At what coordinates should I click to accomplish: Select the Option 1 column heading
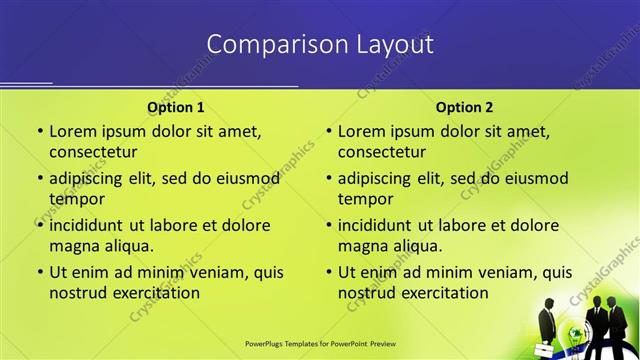[x=176, y=107]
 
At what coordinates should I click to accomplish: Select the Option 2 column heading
[x=464, y=107]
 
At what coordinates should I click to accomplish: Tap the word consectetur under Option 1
[x=93, y=152]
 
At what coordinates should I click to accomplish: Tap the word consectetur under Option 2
[x=382, y=152]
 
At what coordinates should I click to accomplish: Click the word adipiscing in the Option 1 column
[x=91, y=179]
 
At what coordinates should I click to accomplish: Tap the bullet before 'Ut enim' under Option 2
[x=329, y=272]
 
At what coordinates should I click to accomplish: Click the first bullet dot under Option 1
[x=40, y=131]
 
